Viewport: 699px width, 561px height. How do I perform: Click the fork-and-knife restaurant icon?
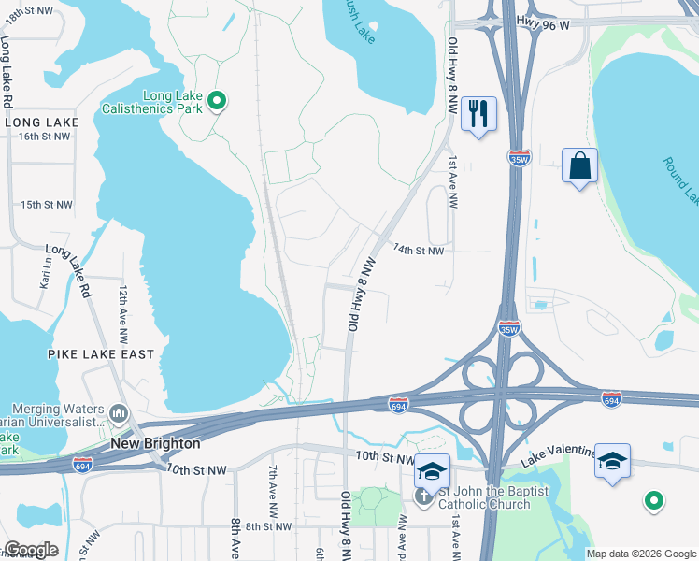(478, 114)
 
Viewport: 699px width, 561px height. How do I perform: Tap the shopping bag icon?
(580, 165)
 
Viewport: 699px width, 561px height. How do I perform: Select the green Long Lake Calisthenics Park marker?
(217, 101)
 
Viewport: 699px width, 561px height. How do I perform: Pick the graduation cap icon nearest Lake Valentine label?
(612, 461)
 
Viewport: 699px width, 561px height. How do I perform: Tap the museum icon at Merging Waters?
(119, 412)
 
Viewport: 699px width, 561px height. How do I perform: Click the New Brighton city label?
(155, 443)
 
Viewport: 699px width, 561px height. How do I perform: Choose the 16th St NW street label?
(44, 137)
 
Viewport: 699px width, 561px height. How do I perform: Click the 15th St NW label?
(46, 205)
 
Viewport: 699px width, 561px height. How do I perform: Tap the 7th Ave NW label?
(273, 488)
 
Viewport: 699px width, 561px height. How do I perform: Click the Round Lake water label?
(680, 179)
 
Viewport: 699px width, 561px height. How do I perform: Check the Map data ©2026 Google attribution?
(641, 554)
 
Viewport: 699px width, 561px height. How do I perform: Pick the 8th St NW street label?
(269, 527)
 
